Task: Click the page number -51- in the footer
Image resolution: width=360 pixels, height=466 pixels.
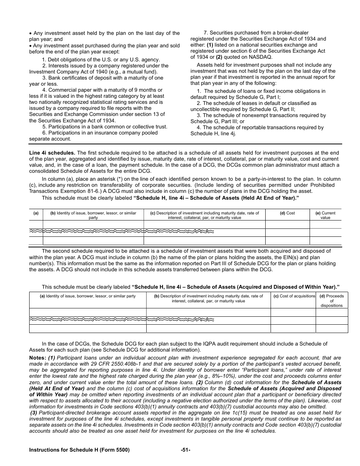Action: pos(186,450)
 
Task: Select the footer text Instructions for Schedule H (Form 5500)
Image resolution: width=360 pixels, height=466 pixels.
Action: pos(79,450)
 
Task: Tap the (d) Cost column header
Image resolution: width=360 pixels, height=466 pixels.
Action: pos(287,213)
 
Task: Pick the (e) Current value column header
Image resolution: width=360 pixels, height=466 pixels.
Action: pos(326,215)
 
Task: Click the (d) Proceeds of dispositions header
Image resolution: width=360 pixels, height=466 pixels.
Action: pos(331,301)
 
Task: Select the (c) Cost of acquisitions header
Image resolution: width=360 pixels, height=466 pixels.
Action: pos(294,296)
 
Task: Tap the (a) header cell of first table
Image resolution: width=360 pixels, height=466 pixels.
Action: pos(36,213)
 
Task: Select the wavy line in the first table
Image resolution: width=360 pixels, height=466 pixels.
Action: pos(121,231)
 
